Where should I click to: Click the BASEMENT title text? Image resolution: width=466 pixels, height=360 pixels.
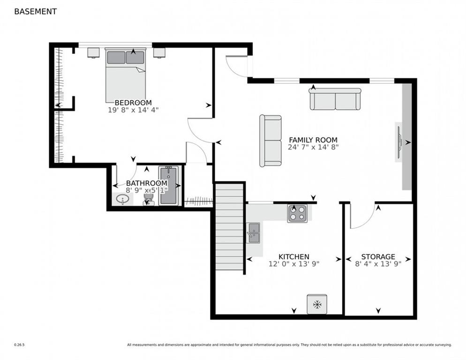click(35, 12)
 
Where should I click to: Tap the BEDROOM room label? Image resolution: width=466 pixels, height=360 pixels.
click(133, 103)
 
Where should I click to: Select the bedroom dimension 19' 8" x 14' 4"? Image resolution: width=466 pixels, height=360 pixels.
click(133, 110)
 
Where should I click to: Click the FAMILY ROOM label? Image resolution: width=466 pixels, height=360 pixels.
click(313, 140)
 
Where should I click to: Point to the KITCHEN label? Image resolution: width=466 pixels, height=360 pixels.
click(293, 256)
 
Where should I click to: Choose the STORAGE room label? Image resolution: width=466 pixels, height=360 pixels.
click(378, 256)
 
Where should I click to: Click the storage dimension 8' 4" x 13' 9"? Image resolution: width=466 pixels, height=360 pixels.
click(378, 264)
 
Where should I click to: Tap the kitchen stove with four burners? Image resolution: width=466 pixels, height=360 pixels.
click(297, 213)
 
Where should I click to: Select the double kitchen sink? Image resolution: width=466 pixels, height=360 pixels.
click(253, 233)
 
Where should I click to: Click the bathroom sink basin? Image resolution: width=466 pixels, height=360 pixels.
click(122, 199)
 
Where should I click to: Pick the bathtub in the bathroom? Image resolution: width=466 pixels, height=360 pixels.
click(168, 186)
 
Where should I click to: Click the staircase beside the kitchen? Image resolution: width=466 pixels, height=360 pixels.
click(229, 227)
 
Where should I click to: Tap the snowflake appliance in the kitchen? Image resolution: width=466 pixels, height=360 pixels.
click(317, 304)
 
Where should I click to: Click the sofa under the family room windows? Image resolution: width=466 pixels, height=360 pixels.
click(335, 99)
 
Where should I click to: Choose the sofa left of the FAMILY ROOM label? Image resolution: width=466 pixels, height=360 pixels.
click(271, 141)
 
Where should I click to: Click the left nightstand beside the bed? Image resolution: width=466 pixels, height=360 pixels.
click(93, 52)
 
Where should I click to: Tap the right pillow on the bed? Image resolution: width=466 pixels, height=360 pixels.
click(135, 57)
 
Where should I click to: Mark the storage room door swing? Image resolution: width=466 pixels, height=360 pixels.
click(363, 217)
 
